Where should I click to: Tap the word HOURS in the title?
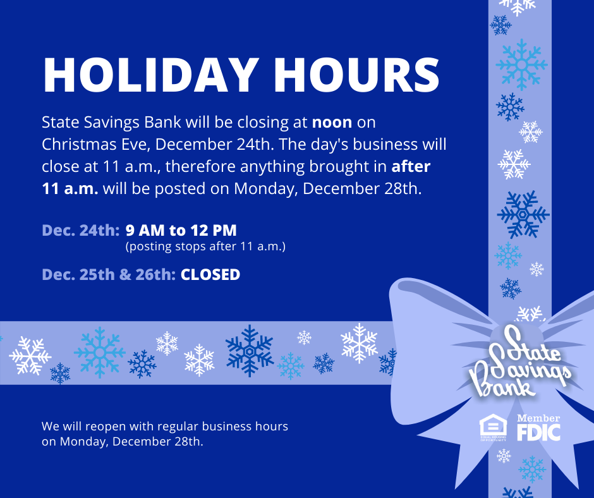point(357,75)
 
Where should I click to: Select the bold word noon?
point(332,123)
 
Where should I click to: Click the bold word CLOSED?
point(210,275)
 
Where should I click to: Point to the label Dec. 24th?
point(81,231)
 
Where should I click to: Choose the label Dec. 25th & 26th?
point(109,275)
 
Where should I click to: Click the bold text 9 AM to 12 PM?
point(181,231)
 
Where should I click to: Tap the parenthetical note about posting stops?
point(205,246)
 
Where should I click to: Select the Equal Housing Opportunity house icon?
point(493,427)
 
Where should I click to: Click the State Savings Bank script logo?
point(519,364)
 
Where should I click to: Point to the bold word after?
point(411,166)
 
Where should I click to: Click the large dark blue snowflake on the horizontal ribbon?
point(249,351)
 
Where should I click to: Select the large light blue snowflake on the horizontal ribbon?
point(99,353)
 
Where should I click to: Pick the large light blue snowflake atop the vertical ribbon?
point(521,65)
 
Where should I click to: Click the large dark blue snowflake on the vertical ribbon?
point(523,214)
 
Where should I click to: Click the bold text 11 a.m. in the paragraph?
point(70,188)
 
